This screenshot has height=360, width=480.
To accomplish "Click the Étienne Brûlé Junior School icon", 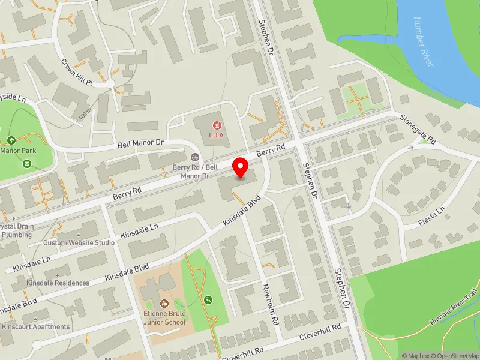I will (164, 302).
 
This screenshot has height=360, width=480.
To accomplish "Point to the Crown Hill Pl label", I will (77, 71).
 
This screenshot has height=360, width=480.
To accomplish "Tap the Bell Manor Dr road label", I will (140, 145).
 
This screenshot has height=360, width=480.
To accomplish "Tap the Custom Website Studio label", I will (79, 243).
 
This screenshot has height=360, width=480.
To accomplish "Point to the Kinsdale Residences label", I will (58, 283).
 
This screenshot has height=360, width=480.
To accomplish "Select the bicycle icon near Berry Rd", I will (194, 157).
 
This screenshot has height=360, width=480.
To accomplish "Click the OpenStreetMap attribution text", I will (454, 356).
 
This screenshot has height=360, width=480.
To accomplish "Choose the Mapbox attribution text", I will (415, 356).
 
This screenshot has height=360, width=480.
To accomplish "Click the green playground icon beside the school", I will (208, 300).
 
